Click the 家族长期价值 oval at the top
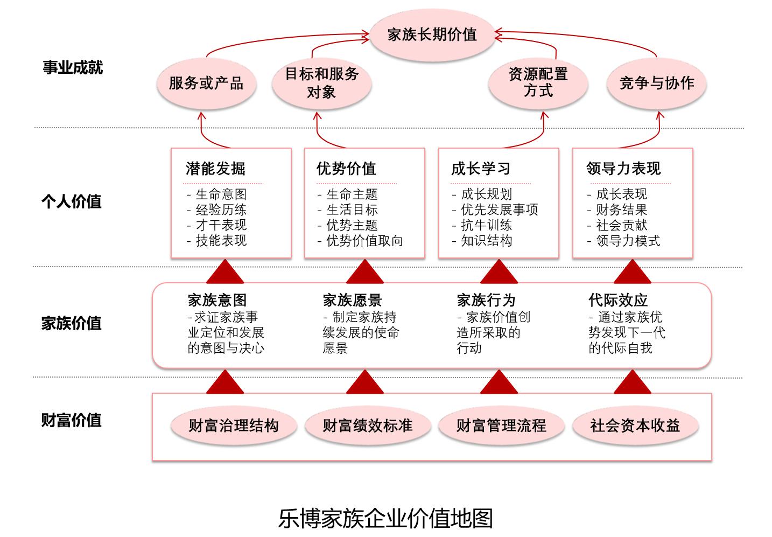tap(432, 35)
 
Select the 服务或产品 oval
tap(206, 83)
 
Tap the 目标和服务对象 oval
tap(321, 83)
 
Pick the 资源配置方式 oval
tap(538, 83)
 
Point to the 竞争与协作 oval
tap(656, 83)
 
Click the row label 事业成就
tap(72, 68)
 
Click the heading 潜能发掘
tap(215, 169)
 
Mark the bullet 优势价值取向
tap(364, 241)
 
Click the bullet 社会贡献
tap(621, 225)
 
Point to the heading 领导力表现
tap(623, 169)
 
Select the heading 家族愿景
tap(352, 301)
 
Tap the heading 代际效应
tap(618, 301)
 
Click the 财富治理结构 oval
tap(233, 426)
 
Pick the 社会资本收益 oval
tap(635, 426)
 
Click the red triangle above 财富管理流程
tap(499, 382)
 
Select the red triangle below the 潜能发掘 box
tap(224, 272)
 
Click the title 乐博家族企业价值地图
tap(385, 518)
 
